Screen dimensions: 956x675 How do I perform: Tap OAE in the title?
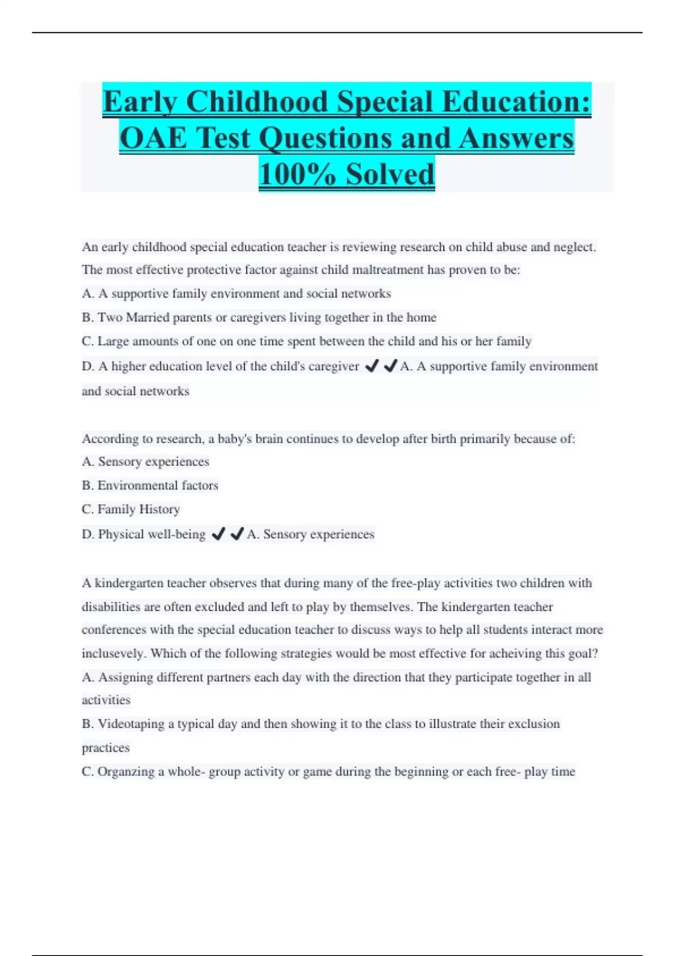pos(153,138)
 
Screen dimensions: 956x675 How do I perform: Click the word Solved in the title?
pos(390,174)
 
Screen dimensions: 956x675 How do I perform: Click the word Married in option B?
pos(147,318)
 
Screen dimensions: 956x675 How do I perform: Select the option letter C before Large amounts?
pos(87,341)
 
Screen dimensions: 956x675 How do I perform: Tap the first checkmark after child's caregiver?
pos(371,367)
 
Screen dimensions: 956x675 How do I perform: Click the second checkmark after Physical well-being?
pos(237,534)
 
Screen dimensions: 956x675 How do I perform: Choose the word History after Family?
pos(159,509)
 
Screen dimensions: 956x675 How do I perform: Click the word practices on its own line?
pos(106,748)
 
